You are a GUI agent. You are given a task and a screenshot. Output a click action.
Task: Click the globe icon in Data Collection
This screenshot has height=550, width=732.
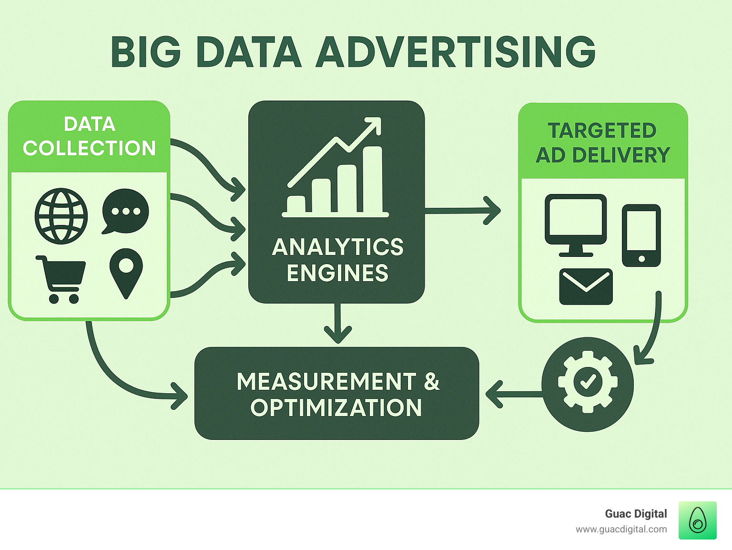point(61,216)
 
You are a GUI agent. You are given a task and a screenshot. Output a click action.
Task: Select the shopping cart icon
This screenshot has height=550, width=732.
point(61,279)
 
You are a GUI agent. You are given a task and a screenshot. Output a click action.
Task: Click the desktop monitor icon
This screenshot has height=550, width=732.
point(576,225)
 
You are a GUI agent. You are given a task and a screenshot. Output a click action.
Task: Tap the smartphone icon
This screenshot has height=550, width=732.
point(641,235)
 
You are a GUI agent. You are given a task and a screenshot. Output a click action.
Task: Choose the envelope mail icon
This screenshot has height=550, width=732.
point(586,286)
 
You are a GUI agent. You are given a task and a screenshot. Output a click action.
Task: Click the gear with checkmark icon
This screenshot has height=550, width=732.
point(588,384)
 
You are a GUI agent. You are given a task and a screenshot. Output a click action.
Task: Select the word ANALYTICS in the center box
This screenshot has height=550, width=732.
point(337,247)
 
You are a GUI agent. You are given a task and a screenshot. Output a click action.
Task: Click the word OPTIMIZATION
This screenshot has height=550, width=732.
point(336,407)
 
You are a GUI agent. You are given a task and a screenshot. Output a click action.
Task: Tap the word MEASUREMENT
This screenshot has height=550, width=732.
point(326,381)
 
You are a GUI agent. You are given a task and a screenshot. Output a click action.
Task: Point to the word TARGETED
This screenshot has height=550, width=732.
point(602,130)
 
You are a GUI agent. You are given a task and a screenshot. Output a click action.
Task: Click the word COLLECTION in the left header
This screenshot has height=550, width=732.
point(90,148)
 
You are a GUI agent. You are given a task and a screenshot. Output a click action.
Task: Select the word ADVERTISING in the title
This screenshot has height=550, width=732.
point(456,52)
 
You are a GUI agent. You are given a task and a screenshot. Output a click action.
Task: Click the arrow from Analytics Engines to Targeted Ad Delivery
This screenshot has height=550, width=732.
point(462,211)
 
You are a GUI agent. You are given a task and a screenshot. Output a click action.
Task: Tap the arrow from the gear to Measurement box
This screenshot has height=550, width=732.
point(514,394)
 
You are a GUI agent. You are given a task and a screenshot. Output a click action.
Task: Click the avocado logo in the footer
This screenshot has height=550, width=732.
point(698,520)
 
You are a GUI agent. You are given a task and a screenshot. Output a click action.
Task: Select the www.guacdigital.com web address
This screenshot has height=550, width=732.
point(621,530)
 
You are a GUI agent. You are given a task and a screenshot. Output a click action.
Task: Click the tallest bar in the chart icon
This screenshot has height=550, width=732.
point(373,179)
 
